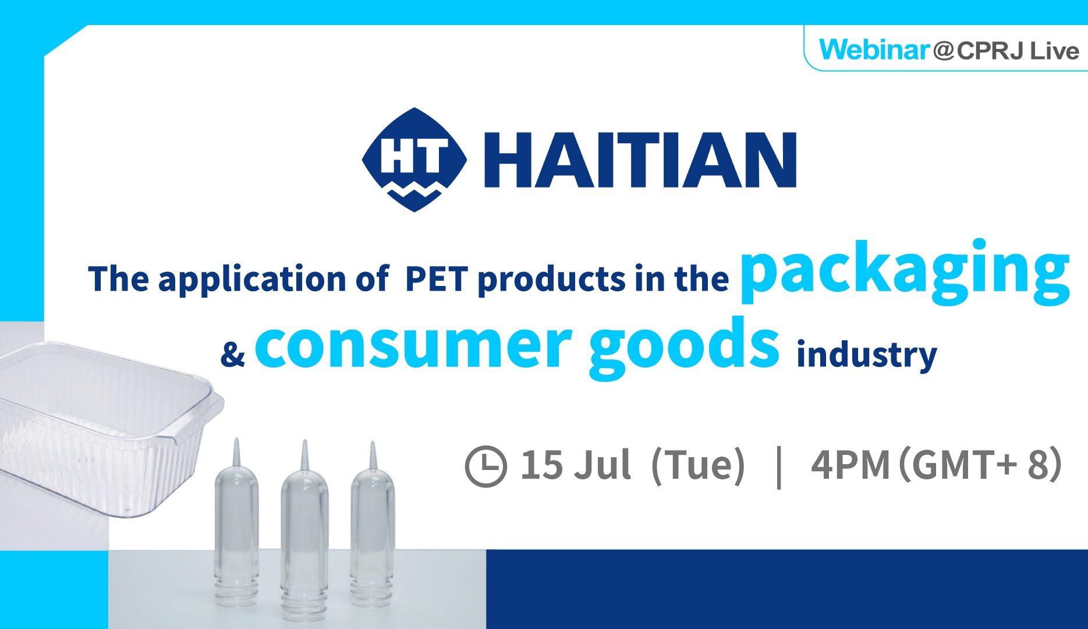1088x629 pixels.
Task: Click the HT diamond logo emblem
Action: pos(414,159)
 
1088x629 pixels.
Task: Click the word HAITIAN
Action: pos(640,160)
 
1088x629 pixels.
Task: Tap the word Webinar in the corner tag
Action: pos(874,50)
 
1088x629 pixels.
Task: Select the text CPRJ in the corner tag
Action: pos(990,51)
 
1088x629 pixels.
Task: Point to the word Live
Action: pos(1054,51)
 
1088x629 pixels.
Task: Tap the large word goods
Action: pos(684,347)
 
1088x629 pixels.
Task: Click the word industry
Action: pos(867,355)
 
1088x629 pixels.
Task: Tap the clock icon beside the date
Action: pos(486,466)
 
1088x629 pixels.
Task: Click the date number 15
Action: pos(542,465)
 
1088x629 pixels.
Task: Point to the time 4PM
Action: pos(850,465)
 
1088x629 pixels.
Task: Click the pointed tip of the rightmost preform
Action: pos(373,443)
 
